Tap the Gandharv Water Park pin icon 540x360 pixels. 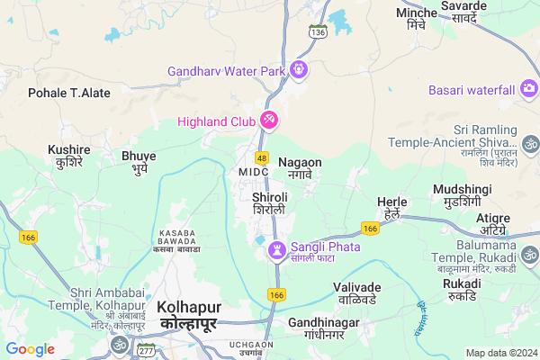click(x=298, y=70)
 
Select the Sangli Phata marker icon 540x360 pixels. click(x=276, y=247)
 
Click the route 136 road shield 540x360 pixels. click(x=318, y=32)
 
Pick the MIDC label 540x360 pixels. click(x=254, y=171)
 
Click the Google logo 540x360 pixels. click(x=31, y=349)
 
